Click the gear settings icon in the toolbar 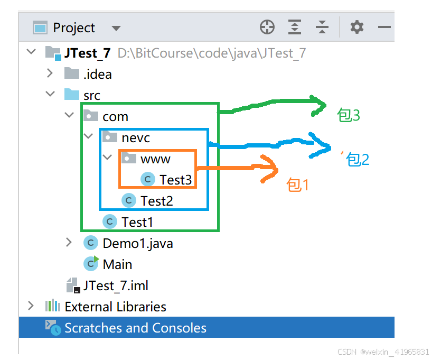click(x=357, y=27)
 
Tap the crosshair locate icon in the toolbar click(x=267, y=27)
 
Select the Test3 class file click(x=175, y=180)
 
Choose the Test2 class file click(x=156, y=201)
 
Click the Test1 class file click(x=137, y=222)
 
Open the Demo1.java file click(x=137, y=243)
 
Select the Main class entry click(x=117, y=264)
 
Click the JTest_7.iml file click(x=115, y=286)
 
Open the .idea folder click(x=97, y=74)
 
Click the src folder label click(x=91, y=95)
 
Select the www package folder click(x=155, y=159)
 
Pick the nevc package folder click(x=136, y=138)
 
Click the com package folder click(x=115, y=116)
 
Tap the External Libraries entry click(x=115, y=307)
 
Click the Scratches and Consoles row click(x=135, y=328)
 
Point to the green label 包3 click(x=349, y=115)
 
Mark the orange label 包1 click(x=297, y=184)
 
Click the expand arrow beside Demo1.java click(x=69, y=243)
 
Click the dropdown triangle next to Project click(x=116, y=28)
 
